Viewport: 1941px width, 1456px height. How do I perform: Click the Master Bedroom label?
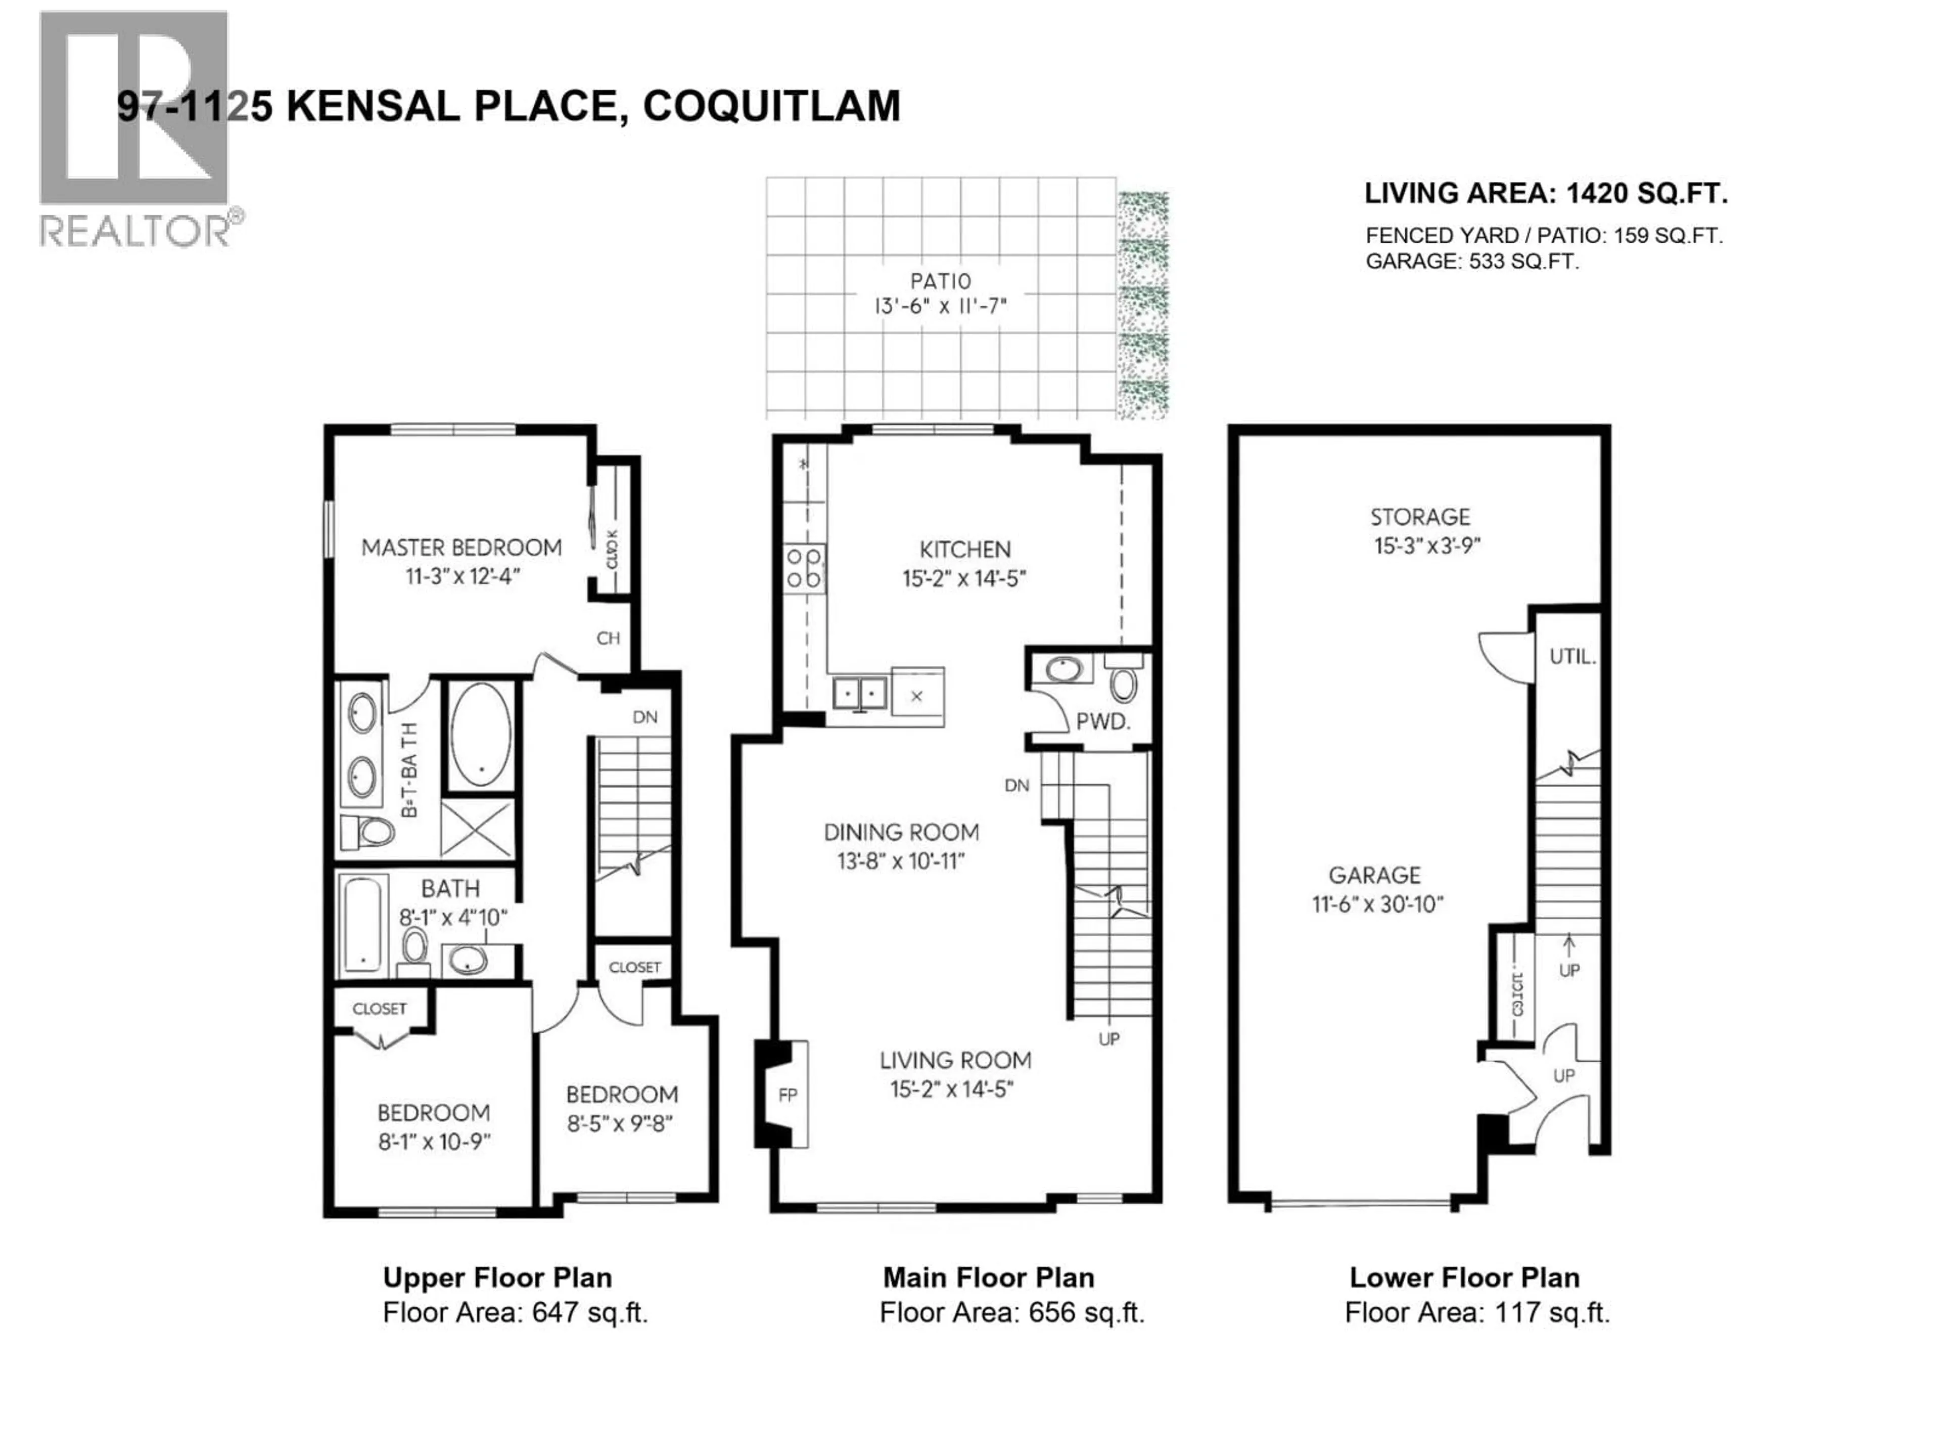461,548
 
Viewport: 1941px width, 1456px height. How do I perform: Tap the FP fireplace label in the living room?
788,1096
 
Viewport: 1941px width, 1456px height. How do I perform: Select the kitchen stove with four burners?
805,567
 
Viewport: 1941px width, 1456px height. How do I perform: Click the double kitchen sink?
860,693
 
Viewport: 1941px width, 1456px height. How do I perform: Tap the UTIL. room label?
1572,656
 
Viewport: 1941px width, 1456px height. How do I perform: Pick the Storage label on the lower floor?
1420,517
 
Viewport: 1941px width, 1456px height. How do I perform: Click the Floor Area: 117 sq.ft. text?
1477,1312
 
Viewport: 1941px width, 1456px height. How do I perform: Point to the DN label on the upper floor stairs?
645,717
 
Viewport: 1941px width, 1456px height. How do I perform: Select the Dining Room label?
901,832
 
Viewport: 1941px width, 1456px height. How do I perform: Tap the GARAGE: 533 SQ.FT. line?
1471,261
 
